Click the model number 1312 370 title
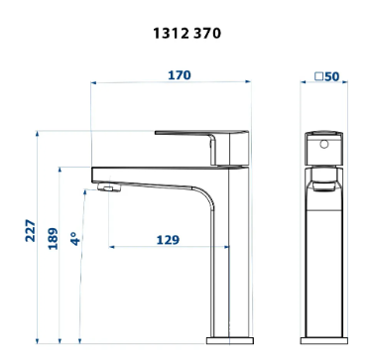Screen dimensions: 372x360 tap(186, 34)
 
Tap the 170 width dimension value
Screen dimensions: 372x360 tap(180, 75)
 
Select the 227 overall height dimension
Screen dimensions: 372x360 tap(30, 230)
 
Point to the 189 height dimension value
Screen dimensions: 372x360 tap(53, 238)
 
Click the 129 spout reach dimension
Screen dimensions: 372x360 tap(168, 240)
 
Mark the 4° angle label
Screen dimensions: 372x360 tap(75, 239)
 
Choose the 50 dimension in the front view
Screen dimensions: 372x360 tap(331, 76)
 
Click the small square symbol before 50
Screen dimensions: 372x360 tap(318, 76)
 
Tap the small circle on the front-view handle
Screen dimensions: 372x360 tap(324, 144)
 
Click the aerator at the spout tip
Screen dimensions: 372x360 tap(109, 187)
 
